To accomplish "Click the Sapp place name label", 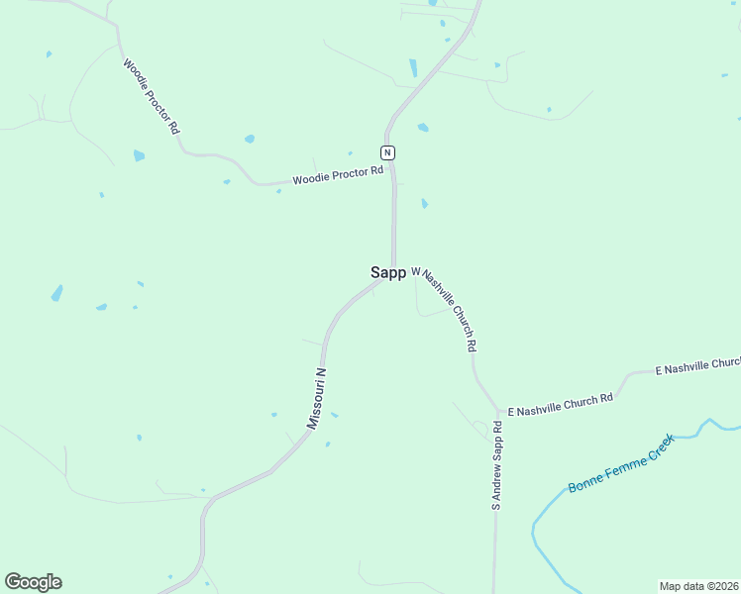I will coord(387,272).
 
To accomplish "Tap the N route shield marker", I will coord(387,151).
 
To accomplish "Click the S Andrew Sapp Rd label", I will coord(497,465).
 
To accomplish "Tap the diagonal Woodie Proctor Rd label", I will coord(151,96).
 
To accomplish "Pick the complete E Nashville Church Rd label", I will coord(561,404).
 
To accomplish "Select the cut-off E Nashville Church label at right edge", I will coord(697,366).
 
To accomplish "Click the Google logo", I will coord(33,582).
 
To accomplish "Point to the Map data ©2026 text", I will coord(698,585).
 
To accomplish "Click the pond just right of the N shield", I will coord(423,128).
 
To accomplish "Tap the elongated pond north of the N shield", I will coord(413,67).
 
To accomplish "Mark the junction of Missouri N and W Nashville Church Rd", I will coord(394,274).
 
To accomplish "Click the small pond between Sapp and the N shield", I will coord(424,203).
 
